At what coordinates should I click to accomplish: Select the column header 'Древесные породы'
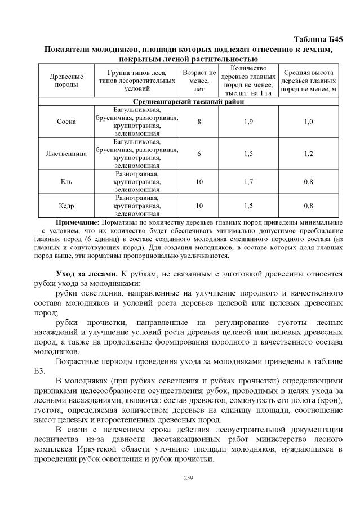66,81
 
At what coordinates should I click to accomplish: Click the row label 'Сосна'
66,122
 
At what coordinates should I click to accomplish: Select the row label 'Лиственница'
66,153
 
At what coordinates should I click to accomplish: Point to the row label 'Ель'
66,181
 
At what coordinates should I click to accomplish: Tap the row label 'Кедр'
66,206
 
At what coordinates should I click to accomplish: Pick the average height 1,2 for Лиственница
309,153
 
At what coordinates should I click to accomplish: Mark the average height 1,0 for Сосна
309,122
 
